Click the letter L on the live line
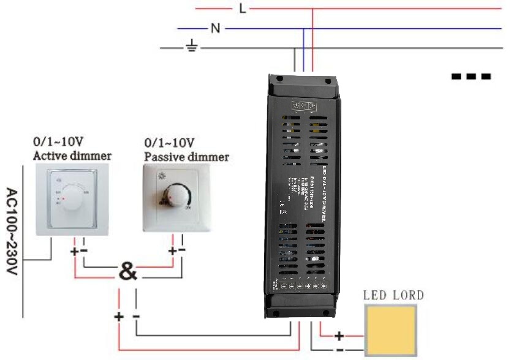point(242,9)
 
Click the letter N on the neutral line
point(214,28)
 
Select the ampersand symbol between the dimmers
point(127,271)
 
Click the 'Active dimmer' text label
point(72,156)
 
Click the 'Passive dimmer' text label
point(186,157)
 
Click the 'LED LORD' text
point(393,296)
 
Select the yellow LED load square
point(390,330)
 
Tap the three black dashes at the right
point(471,77)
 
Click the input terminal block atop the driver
point(305,105)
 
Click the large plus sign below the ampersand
point(118,316)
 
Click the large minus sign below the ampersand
point(135,316)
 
